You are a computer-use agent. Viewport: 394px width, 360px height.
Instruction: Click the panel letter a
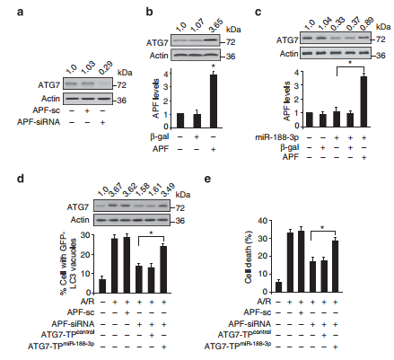click(x=20, y=13)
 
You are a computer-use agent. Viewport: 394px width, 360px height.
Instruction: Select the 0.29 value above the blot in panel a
click(x=104, y=67)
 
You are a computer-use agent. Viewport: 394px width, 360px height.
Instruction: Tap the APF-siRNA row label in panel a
click(x=39, y=122)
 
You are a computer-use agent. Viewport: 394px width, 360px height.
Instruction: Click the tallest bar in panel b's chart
click(x=213, y=101)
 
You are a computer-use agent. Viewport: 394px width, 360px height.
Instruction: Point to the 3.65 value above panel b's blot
click(x=215, y=26)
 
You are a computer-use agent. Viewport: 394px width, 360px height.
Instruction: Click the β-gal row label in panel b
click(x=160, y=137)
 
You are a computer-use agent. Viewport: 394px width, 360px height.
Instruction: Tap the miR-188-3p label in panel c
click(x=276, y=137)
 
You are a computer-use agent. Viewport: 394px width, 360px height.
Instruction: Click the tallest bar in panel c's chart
click(x=363, y=101)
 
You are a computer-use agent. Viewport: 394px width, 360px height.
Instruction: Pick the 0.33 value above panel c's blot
click(x=337, y=24)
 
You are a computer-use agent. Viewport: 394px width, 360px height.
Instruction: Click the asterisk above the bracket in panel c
click(x=350, y=63)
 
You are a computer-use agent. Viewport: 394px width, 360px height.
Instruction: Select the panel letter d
click(x=21, y=179)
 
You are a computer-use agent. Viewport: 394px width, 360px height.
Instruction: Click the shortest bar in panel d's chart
click(x=102, y=285)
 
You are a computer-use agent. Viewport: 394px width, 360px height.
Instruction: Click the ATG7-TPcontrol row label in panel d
click(x=67, y=334)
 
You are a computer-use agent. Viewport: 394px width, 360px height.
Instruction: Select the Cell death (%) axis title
click(x=249, y=257)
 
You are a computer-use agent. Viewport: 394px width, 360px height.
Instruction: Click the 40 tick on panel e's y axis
click(x=263, y=221)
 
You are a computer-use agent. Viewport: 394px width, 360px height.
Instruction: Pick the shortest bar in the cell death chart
click(x=278, y=286)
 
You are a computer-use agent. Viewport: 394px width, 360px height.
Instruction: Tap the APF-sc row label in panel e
click(x=258, y=312)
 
